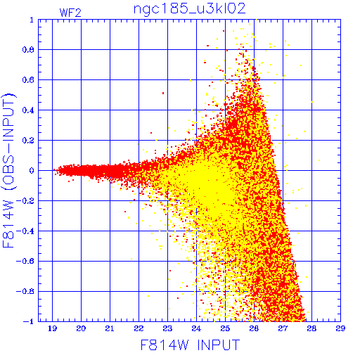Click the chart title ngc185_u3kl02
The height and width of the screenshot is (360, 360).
coord(189,9)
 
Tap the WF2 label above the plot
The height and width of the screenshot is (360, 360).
coord(70,13)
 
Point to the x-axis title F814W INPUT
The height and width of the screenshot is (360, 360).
coord(190,345)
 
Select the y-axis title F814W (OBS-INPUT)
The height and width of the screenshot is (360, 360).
coord(8,170)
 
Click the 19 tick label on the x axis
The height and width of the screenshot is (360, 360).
coord(52,328)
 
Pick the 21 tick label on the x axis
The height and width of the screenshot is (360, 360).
coord(110,328)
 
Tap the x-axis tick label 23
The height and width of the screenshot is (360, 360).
coord(167,328)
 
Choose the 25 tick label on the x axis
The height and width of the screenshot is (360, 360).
coord(225,328)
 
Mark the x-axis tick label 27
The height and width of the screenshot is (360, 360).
coord(283,328)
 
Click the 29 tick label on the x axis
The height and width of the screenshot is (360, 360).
coord(340,328)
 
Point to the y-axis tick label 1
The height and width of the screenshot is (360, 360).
coord(32,20)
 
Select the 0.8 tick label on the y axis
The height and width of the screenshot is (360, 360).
coord(28,50)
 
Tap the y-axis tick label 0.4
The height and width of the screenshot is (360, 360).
coord(28,110)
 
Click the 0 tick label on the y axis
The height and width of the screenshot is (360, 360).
coord(32,171)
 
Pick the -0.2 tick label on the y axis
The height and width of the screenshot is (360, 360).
coord(25,201)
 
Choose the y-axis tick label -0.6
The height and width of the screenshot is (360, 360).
coord(25,261)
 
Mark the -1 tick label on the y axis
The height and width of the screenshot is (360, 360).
coord(28,321)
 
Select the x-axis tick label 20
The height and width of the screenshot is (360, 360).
coord(81,328)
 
